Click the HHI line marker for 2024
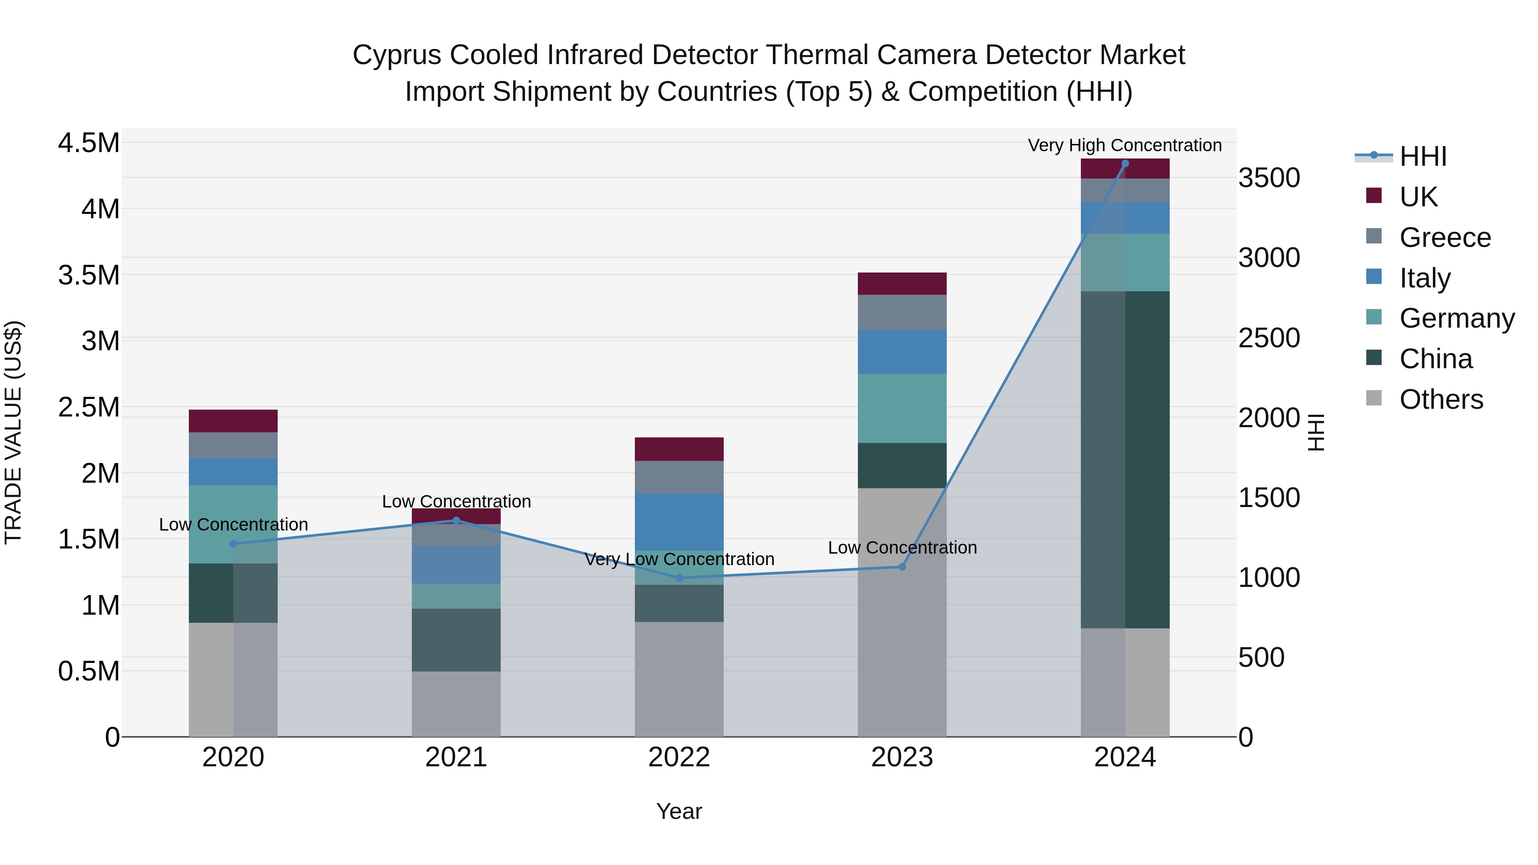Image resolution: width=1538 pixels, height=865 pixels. [1125, 164]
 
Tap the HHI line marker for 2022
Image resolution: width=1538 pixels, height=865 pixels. [679, 578]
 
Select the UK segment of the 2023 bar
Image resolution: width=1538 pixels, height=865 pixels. [902, 284]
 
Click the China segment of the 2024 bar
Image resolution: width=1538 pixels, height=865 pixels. [1125, 460]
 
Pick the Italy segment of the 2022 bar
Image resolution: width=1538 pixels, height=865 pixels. [679, 522]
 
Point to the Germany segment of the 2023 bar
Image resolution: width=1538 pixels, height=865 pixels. [902, 408]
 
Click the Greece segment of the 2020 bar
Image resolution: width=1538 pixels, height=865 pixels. [233, 446]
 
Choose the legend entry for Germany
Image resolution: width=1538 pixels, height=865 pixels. [1456, 318]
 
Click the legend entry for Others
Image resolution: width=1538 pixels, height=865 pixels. [1441, 399]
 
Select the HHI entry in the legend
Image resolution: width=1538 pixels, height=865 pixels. [1422, 156]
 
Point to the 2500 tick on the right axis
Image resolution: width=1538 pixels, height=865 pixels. [1269, 338]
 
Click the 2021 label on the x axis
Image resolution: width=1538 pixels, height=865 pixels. [456, 757]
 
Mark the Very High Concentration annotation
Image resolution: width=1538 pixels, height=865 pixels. [1124, 145]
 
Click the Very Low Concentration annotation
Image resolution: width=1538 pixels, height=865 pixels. [679, 559]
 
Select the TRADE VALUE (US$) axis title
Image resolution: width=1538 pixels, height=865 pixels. [13, 432]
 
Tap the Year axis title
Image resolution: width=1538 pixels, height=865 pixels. [679, 811]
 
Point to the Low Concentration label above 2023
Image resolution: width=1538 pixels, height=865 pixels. [902, 548]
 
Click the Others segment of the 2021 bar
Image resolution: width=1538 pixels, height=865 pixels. [456, 704]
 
